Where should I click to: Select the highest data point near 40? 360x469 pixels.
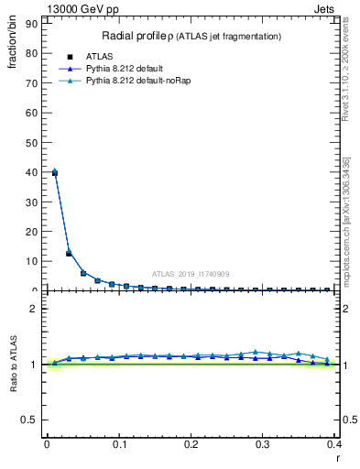click(x=55, y=172)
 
